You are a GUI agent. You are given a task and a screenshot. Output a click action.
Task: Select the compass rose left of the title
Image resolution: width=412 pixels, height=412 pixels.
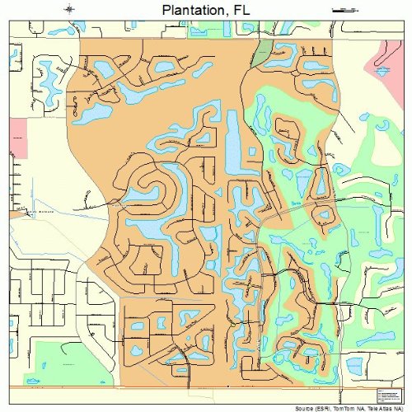tap(69, 9)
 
